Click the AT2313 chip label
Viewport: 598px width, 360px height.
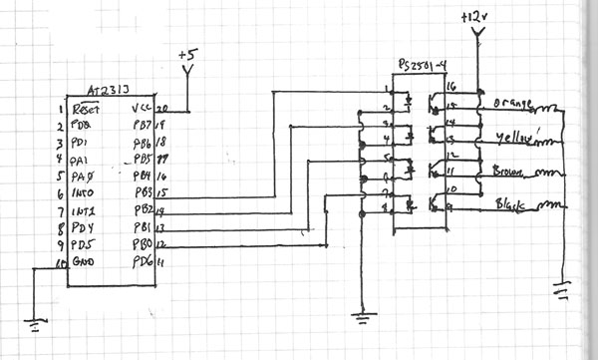tap(107, 89)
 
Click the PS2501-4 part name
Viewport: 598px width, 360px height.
tap(421, 64)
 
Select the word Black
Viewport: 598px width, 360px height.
tap(512, 204)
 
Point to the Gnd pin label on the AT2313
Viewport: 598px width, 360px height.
tap(86, 264)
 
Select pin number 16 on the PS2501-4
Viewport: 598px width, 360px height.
tap(449, 87)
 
